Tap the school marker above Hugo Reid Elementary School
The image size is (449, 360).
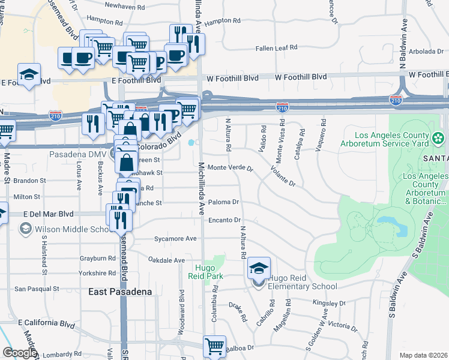(x=259, y=268)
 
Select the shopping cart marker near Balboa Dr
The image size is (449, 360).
(x=214, y=346)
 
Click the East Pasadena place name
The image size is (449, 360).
(x=118, y=292)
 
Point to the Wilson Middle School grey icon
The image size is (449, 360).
(x=25, y=229)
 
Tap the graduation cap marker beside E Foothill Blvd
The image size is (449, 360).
(x=29, y=75)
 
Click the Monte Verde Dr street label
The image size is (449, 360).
(x=231, y=167)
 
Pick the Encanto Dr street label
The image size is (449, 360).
(x=224, y=220)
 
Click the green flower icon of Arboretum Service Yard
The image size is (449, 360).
(x=439, y=139)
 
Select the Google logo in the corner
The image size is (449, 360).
(x=19, y=353)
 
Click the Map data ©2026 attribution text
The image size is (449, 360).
(x=423, y=355)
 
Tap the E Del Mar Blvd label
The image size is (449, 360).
(x=49, y=214)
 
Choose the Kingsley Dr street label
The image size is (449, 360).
(x=330, y=304)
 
